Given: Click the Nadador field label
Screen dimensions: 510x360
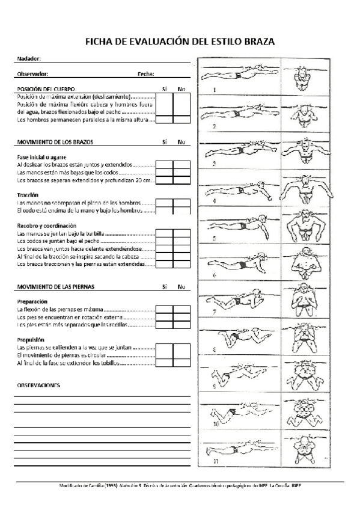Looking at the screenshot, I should [29, 59].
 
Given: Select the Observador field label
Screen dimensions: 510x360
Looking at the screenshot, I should [32, 74].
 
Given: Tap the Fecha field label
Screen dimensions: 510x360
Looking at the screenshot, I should [145, 74].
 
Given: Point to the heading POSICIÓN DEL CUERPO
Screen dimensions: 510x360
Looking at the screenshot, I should [46, 89].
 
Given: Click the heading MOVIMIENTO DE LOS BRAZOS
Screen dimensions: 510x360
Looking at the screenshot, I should [55, 142].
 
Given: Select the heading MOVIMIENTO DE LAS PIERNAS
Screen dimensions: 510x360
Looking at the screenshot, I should [55, 287].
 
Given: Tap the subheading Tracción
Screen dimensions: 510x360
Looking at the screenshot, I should [28, 195].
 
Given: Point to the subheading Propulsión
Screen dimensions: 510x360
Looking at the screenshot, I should [31, 340].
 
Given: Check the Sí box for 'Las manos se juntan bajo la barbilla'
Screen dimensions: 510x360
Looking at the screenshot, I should [164, 233].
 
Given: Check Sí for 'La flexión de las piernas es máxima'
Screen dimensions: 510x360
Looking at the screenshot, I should [164, 309].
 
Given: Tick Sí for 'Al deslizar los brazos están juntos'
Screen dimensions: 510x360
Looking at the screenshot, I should [164, 164].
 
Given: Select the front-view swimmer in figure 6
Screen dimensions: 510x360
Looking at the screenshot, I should [308, 260].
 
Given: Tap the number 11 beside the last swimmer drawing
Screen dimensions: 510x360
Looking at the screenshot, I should [215, 461].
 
